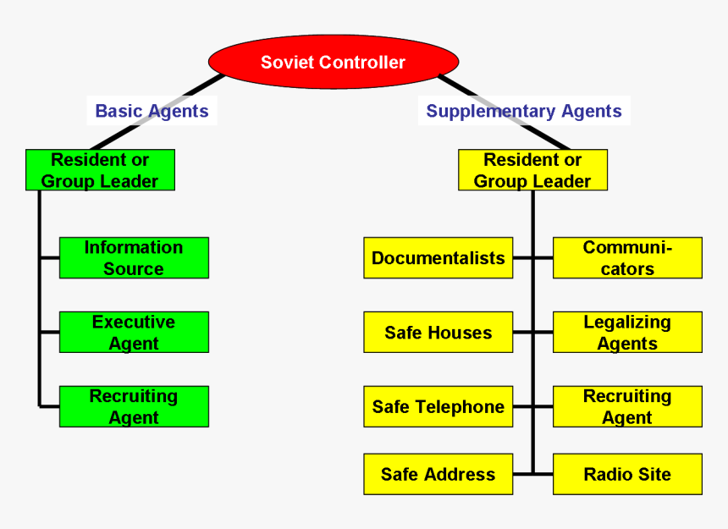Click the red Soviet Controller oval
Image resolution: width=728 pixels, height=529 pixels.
pos(333,62)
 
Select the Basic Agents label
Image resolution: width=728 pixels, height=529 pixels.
pos(152,111)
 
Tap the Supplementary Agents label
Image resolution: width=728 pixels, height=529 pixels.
pos(524,111)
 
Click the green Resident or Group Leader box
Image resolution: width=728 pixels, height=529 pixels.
pos(100,170)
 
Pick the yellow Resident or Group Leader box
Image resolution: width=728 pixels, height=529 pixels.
pos(532,170)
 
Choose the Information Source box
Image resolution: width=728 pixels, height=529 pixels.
pos(134,258)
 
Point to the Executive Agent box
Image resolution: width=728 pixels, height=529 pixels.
pos(134,333)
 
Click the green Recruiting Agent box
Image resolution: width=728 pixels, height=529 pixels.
pos(134,407)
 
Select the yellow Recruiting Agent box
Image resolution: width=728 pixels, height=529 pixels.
pos(627,407)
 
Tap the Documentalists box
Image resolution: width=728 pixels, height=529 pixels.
pos(438,258)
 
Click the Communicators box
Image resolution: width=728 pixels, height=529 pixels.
pos(627,258)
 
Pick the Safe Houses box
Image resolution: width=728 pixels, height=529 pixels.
pos(438,333)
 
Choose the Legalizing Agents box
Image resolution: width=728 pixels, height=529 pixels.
pos(627,333)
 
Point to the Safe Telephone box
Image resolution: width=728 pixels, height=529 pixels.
pos(438,407)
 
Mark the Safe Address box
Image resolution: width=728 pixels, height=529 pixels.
pos(438,474)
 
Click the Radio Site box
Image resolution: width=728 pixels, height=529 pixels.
pos(627,474)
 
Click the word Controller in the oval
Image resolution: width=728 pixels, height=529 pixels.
pos(363,62)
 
